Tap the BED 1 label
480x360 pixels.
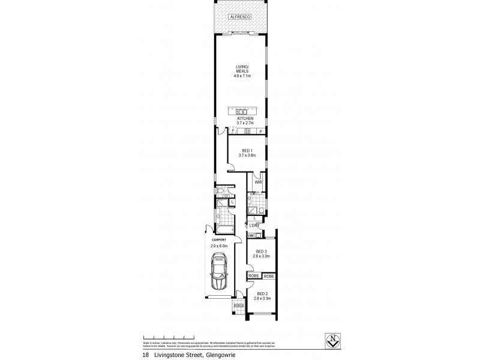point(247,151)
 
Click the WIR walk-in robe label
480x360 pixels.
point(258,181)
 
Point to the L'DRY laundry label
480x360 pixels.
point(254,225)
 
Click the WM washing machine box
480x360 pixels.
point(250,236)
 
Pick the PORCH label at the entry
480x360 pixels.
point(238,304)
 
